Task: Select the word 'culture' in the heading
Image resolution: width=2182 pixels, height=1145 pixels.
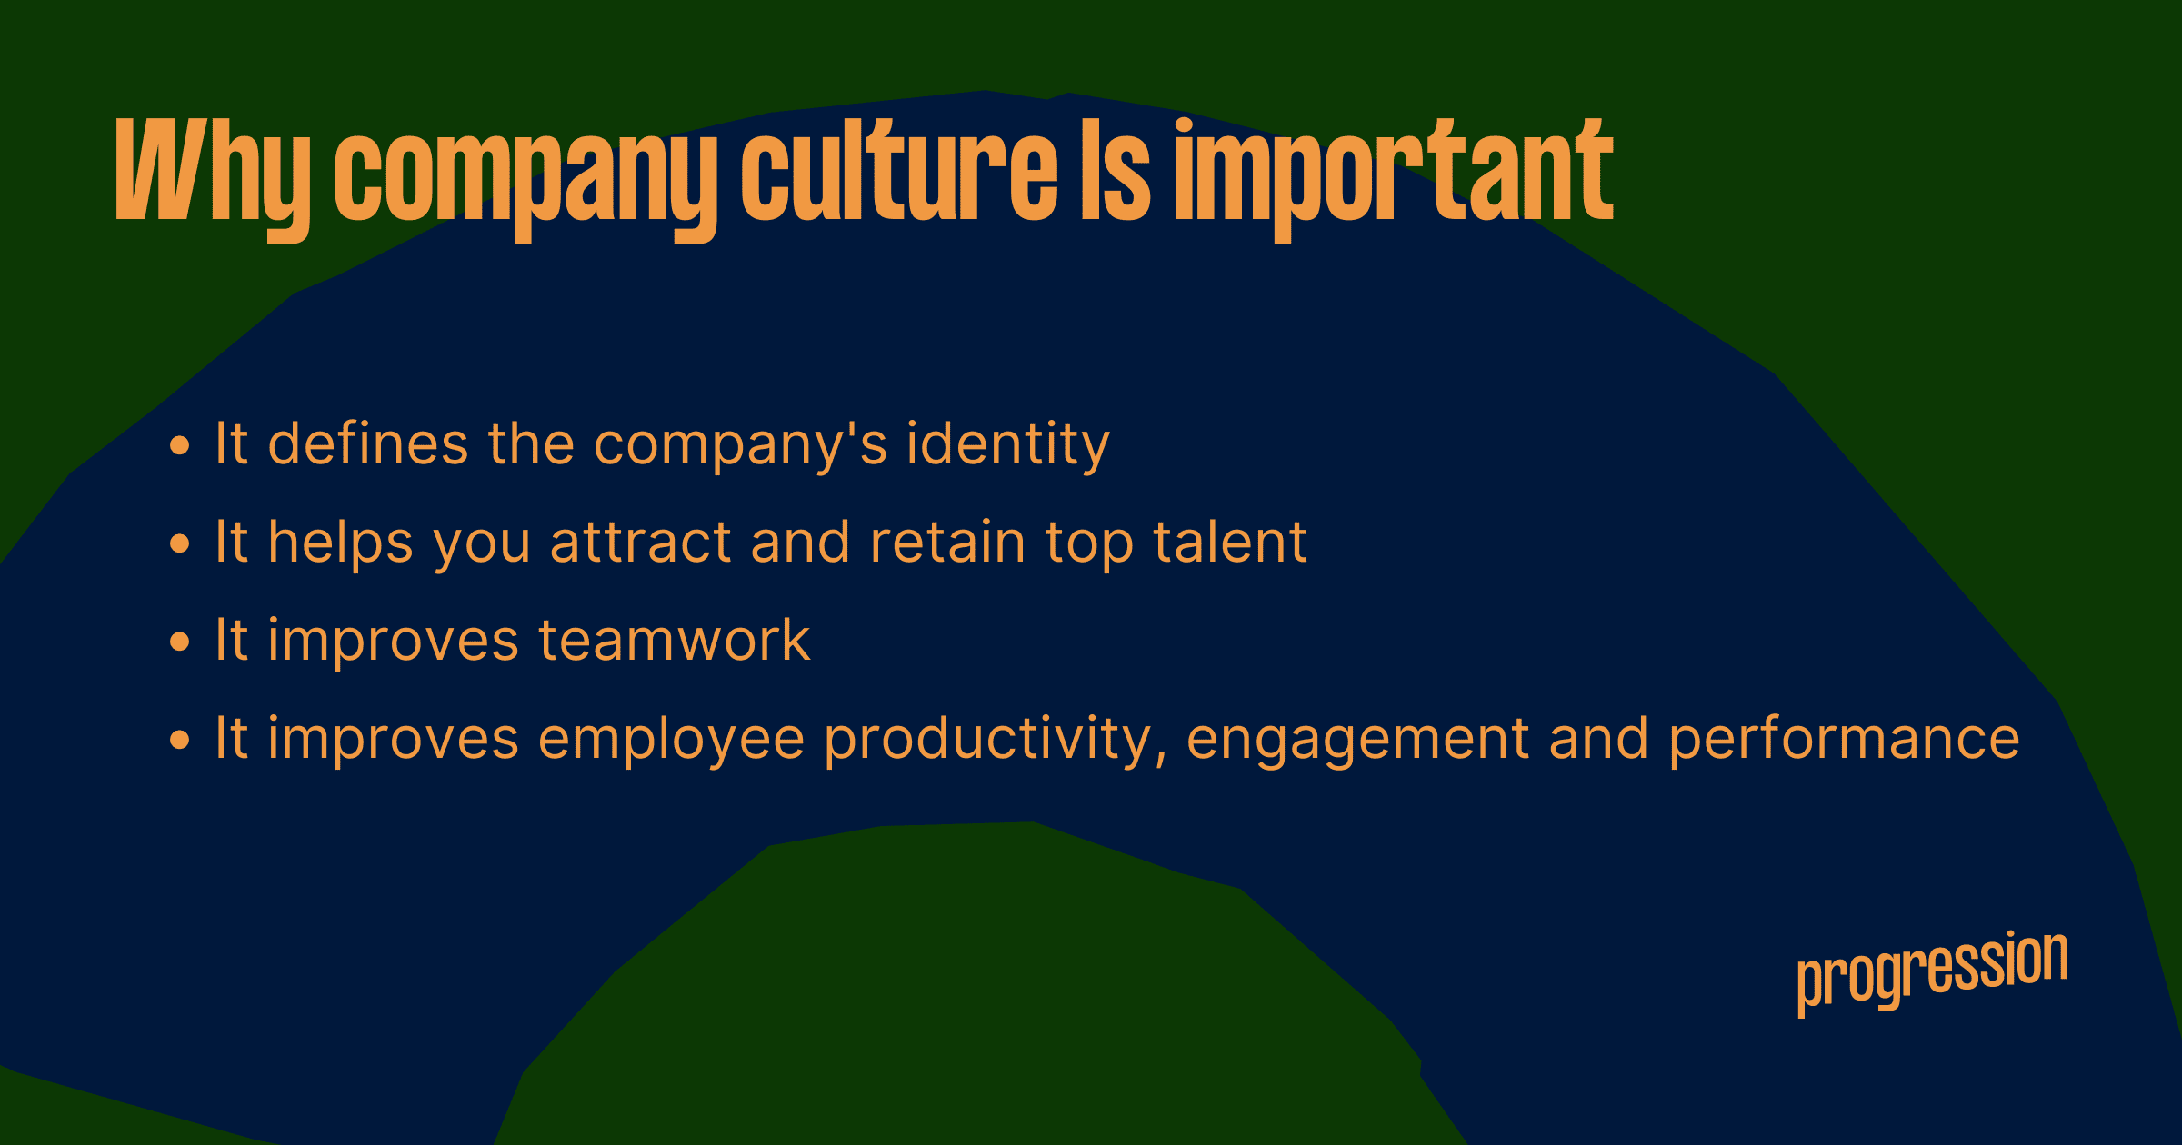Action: click(x=900, y=170)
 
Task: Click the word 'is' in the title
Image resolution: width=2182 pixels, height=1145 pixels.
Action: click(x=1116, y=170)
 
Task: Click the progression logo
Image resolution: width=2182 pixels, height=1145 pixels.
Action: click(x=1933, y=971)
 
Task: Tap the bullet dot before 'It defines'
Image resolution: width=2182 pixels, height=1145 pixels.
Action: click(x=180, y=445)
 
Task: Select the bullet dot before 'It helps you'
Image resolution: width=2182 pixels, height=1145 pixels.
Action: click(x=180, y=543)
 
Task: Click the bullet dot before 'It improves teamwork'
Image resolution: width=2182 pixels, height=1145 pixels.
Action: click(x=180, y=642)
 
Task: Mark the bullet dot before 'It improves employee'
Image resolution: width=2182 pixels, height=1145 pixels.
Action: click(x=180, y=740)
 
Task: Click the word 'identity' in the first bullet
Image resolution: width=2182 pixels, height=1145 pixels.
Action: click(x=1008, y=446)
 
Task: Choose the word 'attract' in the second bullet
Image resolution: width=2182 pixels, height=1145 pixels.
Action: click(x=641, y=543)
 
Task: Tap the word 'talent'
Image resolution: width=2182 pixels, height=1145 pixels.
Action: click(x=1230, y=542)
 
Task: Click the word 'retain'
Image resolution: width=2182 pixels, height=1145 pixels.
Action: click(x=948, y=543)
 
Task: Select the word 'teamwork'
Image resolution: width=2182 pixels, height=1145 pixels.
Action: click(x=675, y=640)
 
